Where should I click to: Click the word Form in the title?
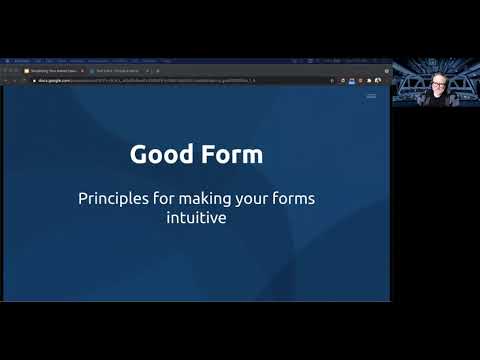231,155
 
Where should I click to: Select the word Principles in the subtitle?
114,198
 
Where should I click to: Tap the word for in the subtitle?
167,198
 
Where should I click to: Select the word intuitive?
196,216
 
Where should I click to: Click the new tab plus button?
157,71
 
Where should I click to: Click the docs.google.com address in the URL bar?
50,81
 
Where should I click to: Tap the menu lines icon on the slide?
371,96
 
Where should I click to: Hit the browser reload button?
23,81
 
